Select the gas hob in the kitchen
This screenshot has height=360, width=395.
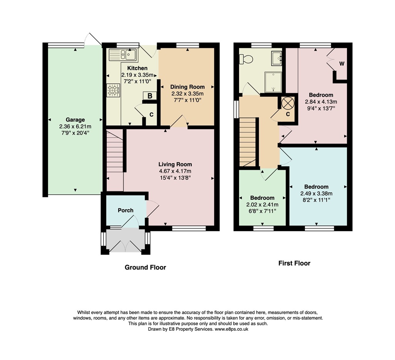tap(113, 90)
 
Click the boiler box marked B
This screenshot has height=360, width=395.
tap(150, 96)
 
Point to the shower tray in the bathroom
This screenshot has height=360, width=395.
tap(273, 82)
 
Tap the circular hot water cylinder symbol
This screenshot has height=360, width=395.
tap(287, 103)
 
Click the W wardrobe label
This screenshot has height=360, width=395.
tap(341, 64)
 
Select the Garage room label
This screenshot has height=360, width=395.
tap(75, 119)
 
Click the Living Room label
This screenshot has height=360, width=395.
tap(175, 164)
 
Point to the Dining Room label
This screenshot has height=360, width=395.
tap(187, 87)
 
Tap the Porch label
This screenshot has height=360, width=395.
tap(126, 210)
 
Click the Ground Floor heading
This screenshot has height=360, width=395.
tap(146, 267)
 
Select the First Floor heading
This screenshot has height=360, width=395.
tap(294, 263)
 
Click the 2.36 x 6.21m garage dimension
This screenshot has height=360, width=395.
tap(75, 126)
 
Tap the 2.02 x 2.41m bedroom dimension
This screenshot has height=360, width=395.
tap(262, 205)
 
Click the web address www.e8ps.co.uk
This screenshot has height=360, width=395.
tap(231, 329)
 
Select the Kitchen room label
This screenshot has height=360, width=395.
tap(137, 68)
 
